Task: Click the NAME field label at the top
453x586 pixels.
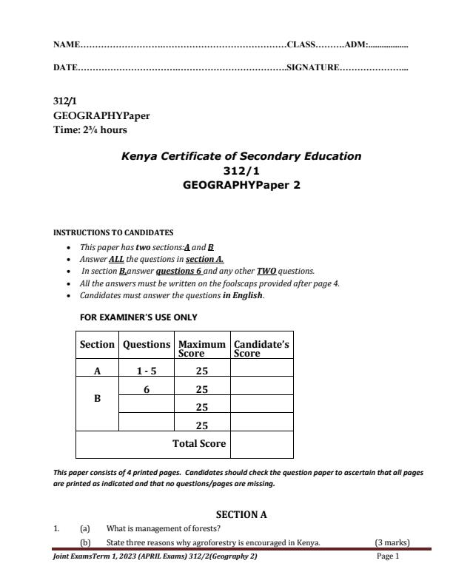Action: [x=66, y=46]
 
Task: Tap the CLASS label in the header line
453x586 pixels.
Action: [x=301, y=46]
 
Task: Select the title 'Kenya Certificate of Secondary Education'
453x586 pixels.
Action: [x=241, y=156]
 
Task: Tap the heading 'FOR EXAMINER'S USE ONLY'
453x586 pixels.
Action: [x=138, y=317]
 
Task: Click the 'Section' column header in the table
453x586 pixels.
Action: [x=97, y=345]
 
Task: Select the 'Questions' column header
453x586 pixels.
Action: [x=146, y=345]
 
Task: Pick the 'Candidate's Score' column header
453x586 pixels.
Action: [x=261, y=348]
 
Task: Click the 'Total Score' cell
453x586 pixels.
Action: [x=199, y=444]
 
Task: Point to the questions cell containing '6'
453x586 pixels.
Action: [x=146, y=389]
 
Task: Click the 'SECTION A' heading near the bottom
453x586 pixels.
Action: [x=241, y=514]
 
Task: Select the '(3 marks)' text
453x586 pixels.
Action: [x=392, y=542]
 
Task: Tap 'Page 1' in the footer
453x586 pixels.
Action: [x=387, y=556]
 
